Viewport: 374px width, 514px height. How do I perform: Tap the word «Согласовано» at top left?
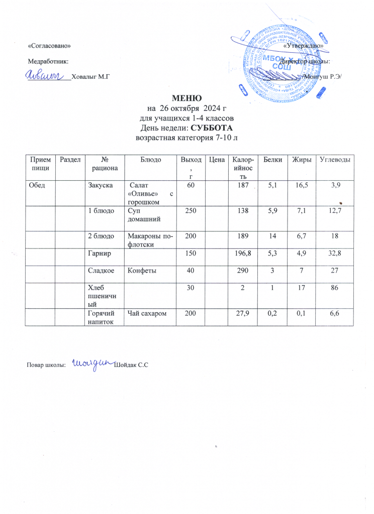[x=49, y=46]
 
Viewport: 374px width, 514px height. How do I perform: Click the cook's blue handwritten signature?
[x=92, y=364]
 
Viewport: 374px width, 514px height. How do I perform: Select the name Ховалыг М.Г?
[x=91, y=76]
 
